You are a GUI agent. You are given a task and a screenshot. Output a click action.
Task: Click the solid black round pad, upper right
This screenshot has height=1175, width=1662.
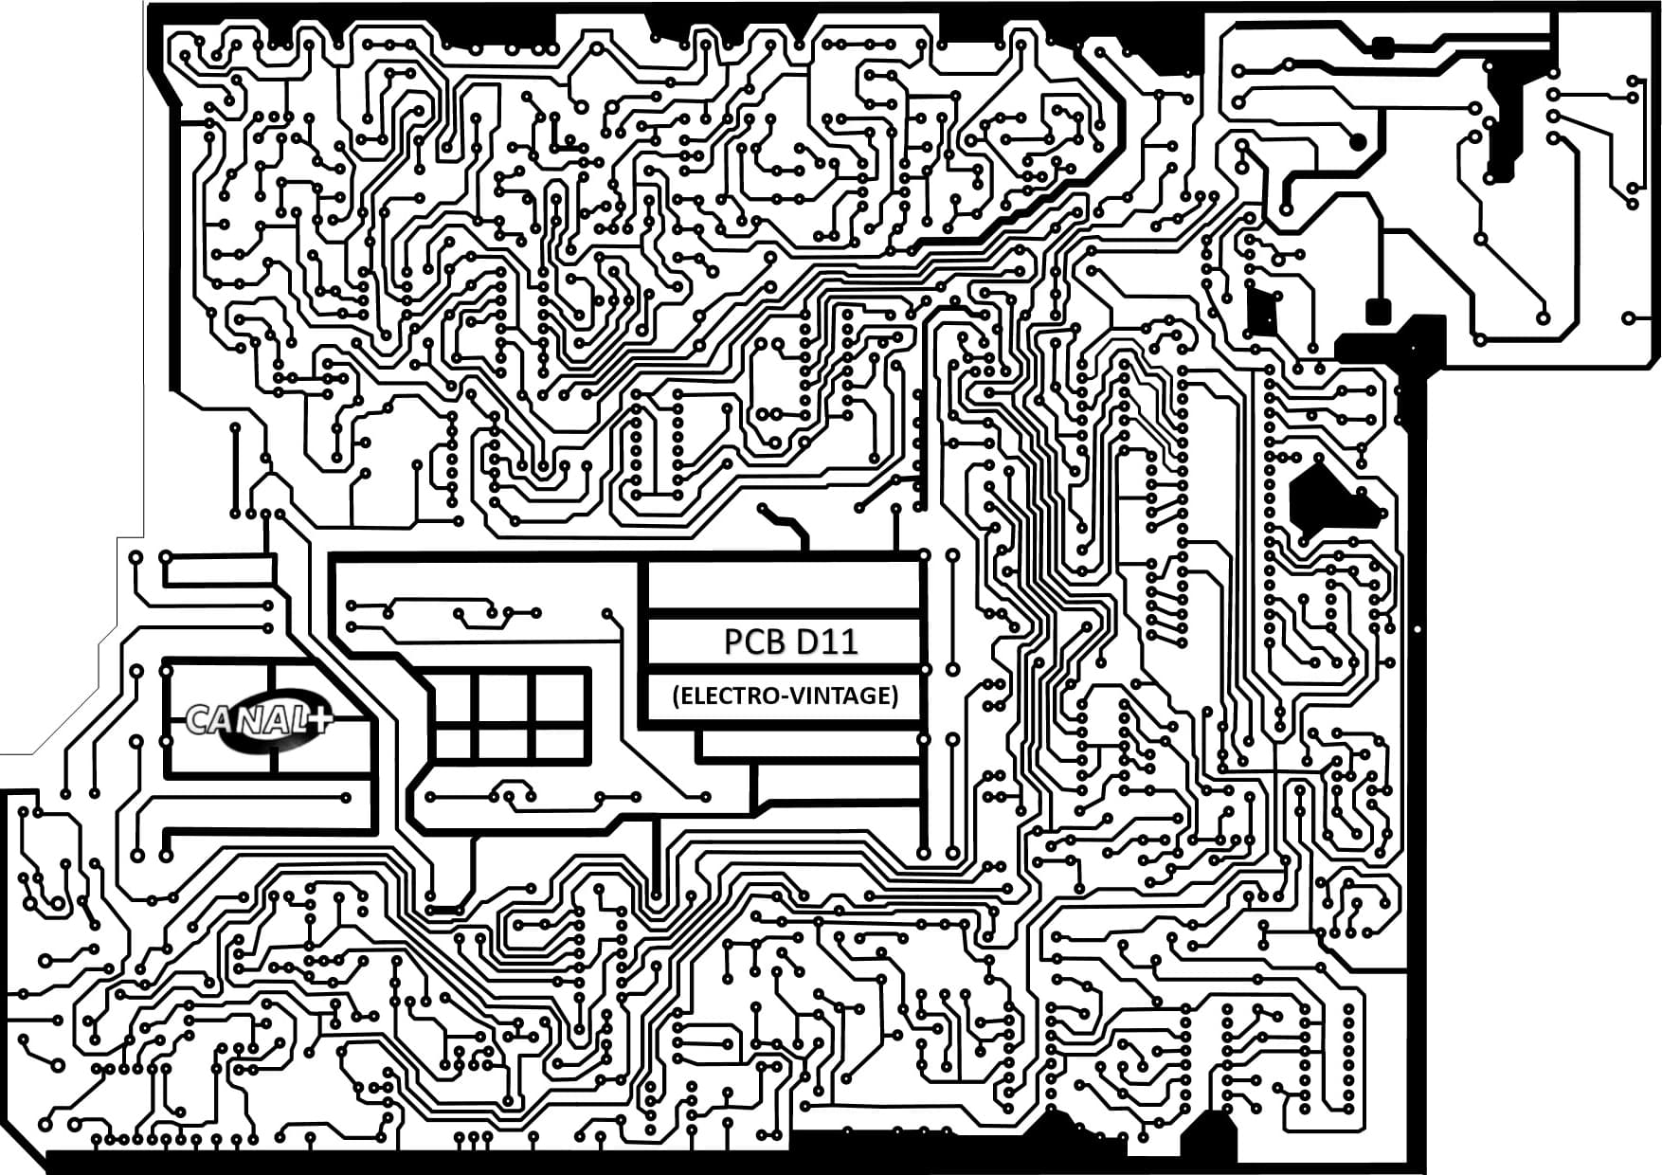(1358, 142)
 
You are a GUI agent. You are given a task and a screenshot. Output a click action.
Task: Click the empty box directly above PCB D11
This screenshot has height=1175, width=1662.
(784, 586)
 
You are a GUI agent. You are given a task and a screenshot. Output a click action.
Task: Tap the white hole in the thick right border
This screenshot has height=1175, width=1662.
(1418, 629)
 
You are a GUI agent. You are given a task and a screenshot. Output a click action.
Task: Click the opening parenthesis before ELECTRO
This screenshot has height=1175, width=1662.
(676, 696)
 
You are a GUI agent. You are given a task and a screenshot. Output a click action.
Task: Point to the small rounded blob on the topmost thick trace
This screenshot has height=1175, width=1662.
(1382, 47)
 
